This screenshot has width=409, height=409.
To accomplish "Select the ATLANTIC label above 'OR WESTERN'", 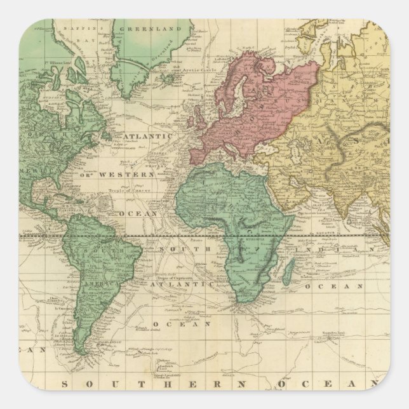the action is pyautogui.click(x=147, y=137).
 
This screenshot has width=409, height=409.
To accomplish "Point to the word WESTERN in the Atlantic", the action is pyautogui.click(x=134, y=174).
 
